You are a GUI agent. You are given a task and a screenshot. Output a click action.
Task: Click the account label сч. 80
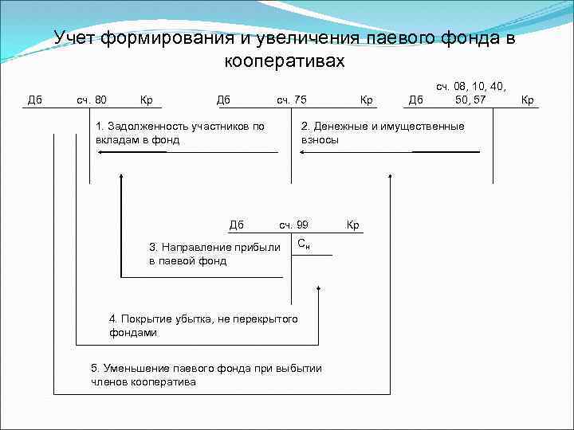point(92,100)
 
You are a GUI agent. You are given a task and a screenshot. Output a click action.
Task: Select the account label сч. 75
point(291,100)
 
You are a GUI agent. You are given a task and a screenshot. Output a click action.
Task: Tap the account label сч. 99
point(293,225)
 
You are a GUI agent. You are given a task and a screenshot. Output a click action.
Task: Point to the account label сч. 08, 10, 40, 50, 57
point(470,92)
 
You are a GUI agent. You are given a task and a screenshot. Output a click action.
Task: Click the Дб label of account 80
point(35,100)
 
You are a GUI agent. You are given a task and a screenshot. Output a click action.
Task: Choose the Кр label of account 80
point(147,100)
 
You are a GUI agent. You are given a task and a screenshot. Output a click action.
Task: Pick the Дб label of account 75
point(223,100)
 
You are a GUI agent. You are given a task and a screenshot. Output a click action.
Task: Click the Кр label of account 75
point(367,100)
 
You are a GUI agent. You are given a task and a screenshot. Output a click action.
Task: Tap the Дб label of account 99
point(236,225)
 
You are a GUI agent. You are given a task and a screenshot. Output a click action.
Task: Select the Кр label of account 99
point(353,225)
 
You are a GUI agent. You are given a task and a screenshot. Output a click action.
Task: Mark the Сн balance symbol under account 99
point(303,243)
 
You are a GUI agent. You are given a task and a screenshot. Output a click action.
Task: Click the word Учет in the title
point(77,38)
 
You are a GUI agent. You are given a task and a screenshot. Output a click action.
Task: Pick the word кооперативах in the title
point(285,61)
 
